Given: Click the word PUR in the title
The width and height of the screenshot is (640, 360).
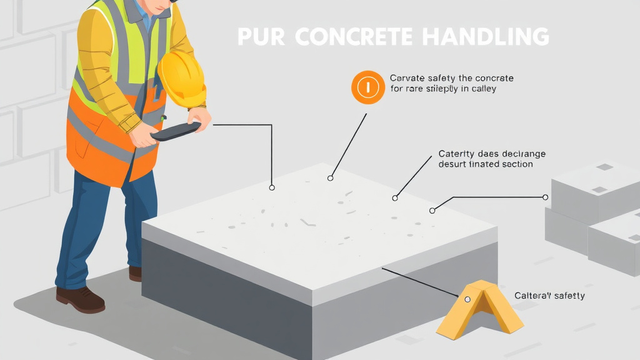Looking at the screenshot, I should [x=261, y=37].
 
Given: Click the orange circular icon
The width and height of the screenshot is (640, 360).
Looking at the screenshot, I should [x=368, y=87].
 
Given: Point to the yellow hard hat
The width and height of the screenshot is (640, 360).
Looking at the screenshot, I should [x=182, y=79].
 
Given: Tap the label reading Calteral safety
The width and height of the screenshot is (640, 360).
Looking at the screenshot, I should [x=549, y=295].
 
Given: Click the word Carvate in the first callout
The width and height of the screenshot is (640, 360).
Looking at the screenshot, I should [x=407, y=78].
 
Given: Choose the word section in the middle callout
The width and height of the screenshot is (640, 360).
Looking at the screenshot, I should [x=516, y=164].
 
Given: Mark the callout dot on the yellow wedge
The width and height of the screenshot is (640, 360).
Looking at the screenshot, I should [x=467, y=299].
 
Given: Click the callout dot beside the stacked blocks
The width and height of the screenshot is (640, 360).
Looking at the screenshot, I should [x=545, y=197].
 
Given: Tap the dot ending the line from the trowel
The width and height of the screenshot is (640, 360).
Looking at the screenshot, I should [x=271, y=187].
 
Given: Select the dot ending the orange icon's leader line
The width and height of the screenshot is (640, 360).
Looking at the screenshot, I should [x=331, y=178].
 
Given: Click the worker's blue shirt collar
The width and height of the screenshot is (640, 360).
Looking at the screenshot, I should [x=145, y=19].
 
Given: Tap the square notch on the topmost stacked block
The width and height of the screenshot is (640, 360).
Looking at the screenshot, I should [x=604, y=167].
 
